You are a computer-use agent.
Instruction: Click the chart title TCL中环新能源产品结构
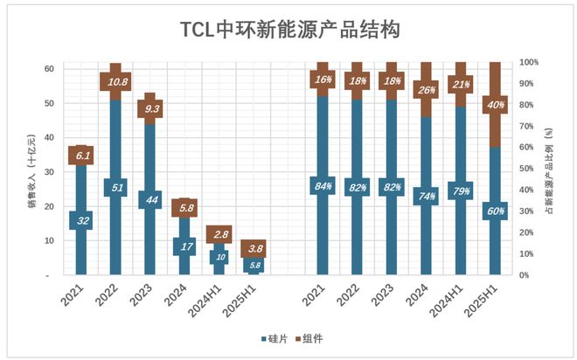click(288, 30)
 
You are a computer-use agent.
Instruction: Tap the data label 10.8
click(115, 81)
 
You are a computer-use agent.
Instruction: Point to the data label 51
click(115, 187)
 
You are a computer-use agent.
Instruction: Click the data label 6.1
click(81, 156)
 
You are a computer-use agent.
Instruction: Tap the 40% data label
click(495, 105)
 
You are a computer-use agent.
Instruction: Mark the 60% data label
click(495, 211)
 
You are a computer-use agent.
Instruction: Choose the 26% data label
click(427, 89)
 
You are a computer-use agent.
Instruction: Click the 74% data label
click(427, 196)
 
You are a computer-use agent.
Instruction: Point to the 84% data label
click(323, 185)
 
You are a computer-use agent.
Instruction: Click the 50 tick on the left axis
click(48, 103)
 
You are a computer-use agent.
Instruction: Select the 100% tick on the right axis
click(530, 63)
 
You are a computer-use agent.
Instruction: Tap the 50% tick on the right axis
click(528, 169)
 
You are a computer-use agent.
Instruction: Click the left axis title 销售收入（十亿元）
click(32, 169)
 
